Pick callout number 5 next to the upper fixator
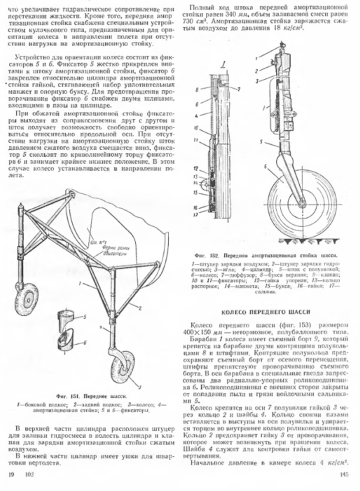85,317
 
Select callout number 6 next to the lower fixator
86,341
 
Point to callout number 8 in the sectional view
196,90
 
